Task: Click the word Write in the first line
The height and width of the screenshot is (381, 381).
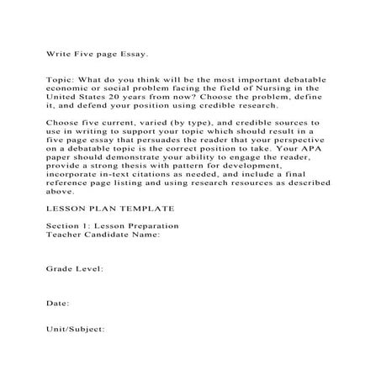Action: coord(57,53)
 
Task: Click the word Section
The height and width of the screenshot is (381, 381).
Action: coord(61,227)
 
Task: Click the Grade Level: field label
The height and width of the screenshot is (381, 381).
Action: coord(74,268)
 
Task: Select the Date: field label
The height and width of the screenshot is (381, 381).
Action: coord(57,300)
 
